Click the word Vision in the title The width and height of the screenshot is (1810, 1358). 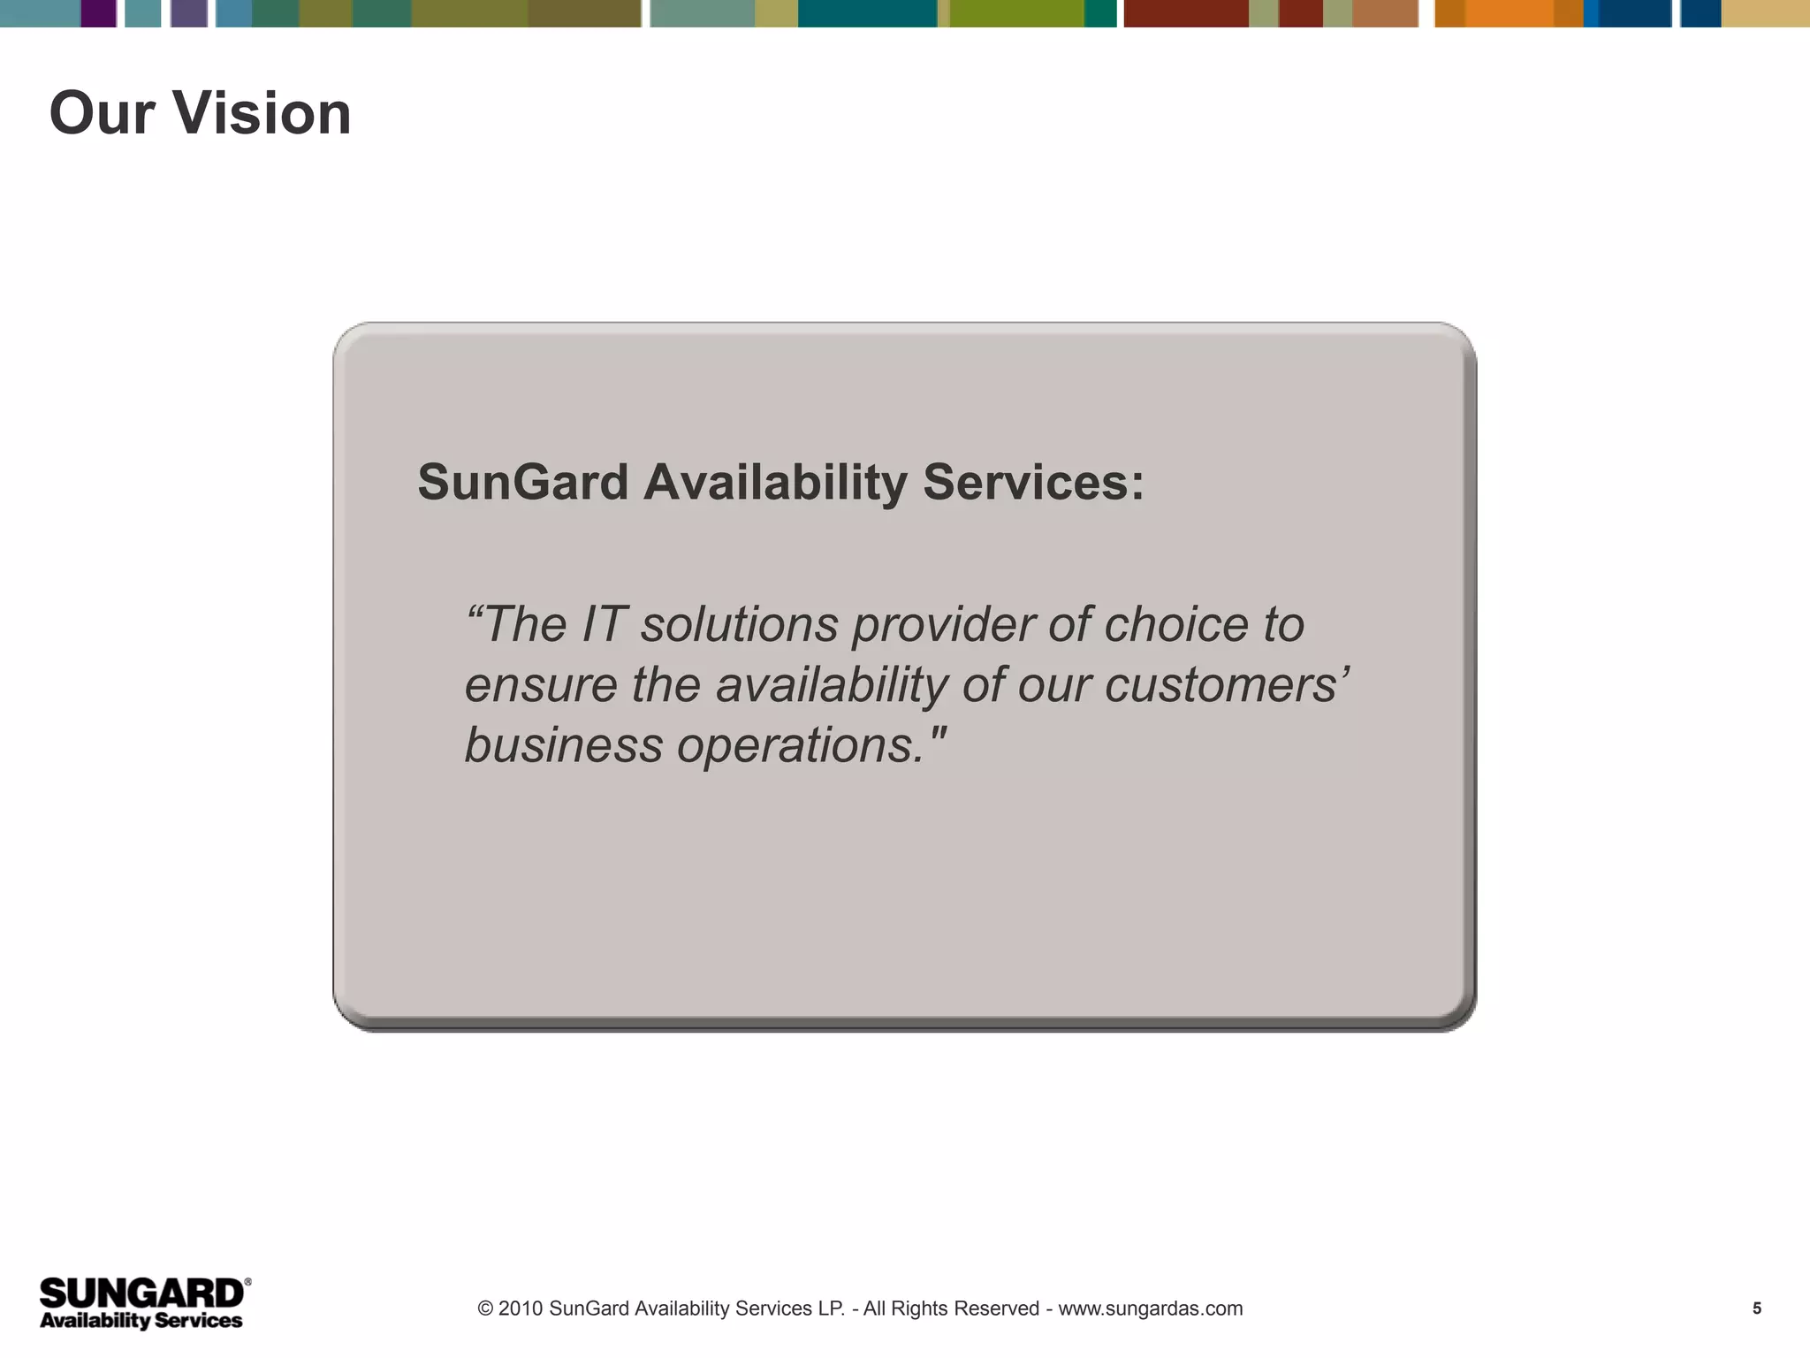262,113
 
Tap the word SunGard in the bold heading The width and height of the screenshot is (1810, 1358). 522,483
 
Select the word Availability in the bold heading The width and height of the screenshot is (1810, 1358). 775,483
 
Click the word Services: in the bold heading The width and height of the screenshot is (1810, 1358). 1033,483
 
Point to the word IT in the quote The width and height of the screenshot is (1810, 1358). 605,624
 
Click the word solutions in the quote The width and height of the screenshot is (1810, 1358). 739,624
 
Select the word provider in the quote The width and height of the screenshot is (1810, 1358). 942,624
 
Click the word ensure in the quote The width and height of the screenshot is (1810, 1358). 540,685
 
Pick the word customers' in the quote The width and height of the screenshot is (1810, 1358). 1227,685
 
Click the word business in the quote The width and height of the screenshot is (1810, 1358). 563,745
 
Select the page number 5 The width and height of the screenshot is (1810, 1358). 1757,1308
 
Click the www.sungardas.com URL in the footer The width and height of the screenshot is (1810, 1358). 1150,1308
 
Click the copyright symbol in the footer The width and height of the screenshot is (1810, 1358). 485,1308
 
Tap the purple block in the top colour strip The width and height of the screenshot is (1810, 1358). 98,13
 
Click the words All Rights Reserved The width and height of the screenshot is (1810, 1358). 951,1308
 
